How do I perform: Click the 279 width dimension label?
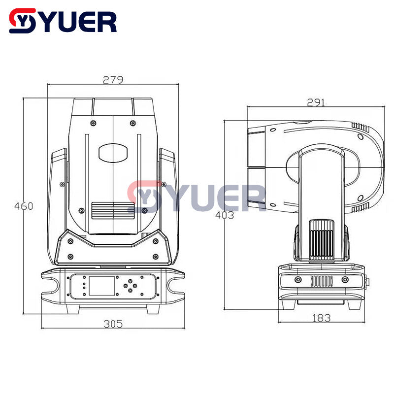pyautogui.click(x=113, y=79)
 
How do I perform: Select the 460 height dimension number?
pyautogui.click(x=24, y=206)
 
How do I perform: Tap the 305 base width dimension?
pyautogui.click(x=113, y=323)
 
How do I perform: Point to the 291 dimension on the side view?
pyautogui.click(x=316, y=102)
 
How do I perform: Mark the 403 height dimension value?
pyautogui.click(x=225, y=215)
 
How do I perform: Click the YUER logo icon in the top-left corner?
pyautogui.click(x=23, y=21)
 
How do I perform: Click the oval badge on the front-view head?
pyautogui.click(x=113, y=152)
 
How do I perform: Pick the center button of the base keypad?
pyautogui.click(x=130, y=285)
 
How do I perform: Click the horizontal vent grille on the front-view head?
pyautogui.click(x=113, y=210)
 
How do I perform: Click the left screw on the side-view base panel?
pyautogui.click(x=298, y=280)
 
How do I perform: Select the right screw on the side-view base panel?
pyautogui.click(x=345, y=280)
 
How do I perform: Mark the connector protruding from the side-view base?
pyautogui.click(x=366, y=282)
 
